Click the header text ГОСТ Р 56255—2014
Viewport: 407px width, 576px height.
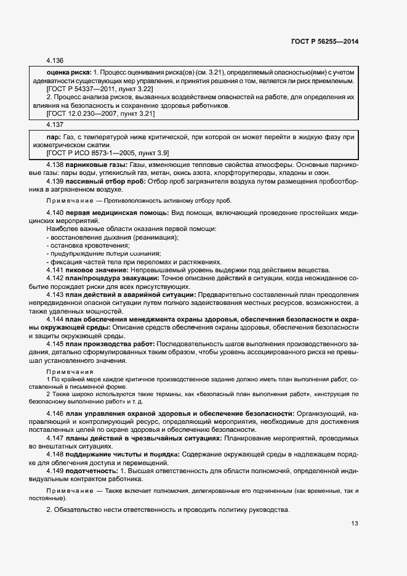click(324, 41)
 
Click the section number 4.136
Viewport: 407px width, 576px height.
click(55, 61)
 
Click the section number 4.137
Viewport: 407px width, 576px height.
click(55, 124)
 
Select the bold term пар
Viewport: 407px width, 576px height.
click(53, 136)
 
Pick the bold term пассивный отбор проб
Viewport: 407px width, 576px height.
click(107, 181)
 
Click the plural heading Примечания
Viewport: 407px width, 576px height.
click(70, 372)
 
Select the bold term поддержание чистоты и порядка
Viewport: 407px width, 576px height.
click(123, 454)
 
